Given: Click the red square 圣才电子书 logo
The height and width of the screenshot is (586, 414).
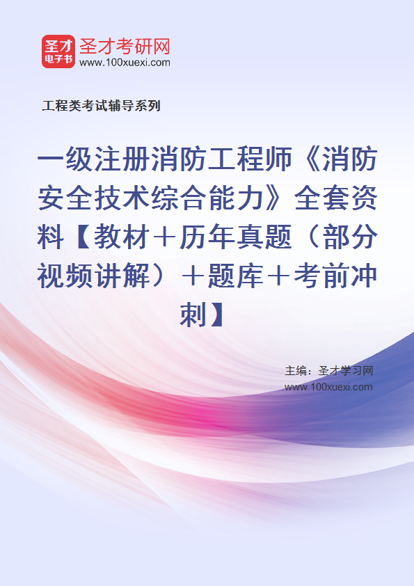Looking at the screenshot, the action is pyautogui.click(x=58, y=52).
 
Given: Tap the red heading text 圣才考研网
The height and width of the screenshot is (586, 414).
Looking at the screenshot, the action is pyautogui.click(x=125, y=47).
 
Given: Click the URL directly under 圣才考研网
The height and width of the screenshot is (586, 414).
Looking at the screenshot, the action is pyautogui.click(x=125, y=63).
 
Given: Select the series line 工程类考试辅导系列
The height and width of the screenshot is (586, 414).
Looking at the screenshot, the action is pyautogui.click(x=102, y=106).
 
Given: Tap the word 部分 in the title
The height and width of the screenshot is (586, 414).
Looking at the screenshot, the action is pyautogui.click(x=349, y=237).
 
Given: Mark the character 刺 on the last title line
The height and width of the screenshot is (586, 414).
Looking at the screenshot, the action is pyautogui.click(x=193, y=315).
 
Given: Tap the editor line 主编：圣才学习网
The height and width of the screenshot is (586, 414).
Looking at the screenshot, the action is pyautogui.click(x=329, y=371).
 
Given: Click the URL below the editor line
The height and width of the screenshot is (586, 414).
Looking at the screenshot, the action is pyautogui.click(x=329, y=387).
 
